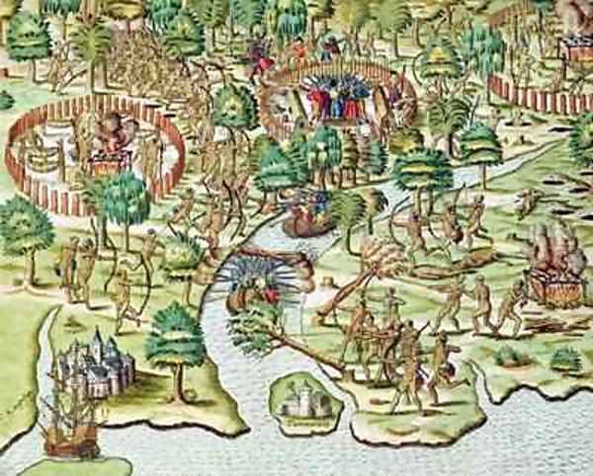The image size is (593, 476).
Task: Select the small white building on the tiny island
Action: click(x=298, y=399)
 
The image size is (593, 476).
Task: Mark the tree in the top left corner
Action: click(x=30, y=40)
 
